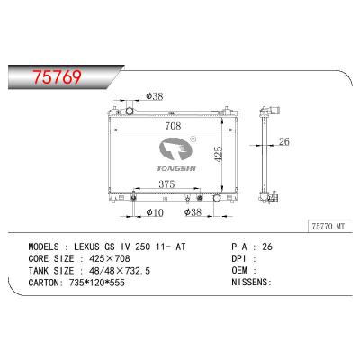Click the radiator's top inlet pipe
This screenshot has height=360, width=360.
(130, 111)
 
